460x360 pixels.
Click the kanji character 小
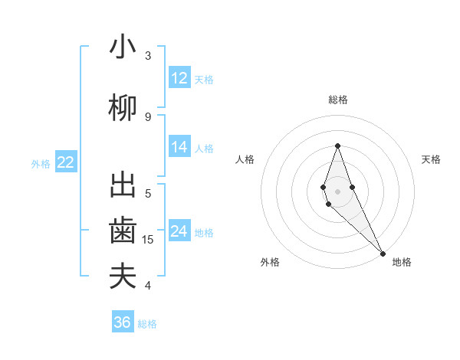click(123, 47)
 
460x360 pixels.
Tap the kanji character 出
click(123, 185)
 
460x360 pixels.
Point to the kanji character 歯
click(123, 231)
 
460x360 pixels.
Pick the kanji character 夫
click(123, 277)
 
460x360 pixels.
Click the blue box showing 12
click(179, 78)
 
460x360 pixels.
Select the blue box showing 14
click(179, 147)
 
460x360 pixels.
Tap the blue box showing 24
click(179, 231)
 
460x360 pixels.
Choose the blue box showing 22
click(66, 162)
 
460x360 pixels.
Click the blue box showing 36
click(123, 322)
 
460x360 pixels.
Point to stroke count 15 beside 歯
click(149, 240)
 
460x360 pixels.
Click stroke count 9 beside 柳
click(148, 116)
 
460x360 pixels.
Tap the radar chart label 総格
click(338, 100)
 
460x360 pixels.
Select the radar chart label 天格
click(432, 159)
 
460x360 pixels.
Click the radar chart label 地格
click(402, 263)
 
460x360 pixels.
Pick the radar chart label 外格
click(270, 263)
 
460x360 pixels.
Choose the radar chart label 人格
click(245, 159)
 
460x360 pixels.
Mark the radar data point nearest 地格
click(382, 253)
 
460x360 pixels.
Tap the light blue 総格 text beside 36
click(147, 324)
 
